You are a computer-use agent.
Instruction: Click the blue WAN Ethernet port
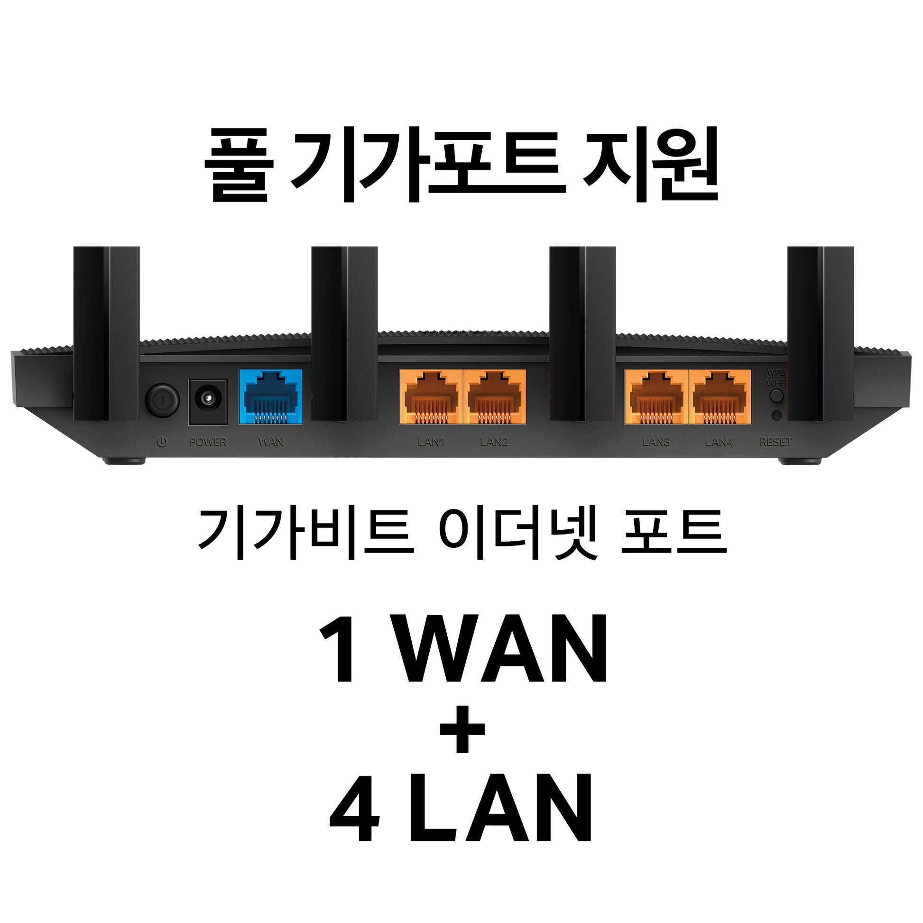tap(270, 396)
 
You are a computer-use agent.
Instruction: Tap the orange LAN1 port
tap(431, 396)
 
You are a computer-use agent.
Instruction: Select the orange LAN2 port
tap(494, 396)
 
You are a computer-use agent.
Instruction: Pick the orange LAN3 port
tap(656, 396)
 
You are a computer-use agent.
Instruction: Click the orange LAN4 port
tap(720, 396)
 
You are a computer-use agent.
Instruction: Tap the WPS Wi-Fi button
tap(777, 395)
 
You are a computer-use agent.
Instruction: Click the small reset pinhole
tap(777, 415)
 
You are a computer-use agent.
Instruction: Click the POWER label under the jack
tap(208, 442)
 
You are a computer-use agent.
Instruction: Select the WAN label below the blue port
tap(270, 442)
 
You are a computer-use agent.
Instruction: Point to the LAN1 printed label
tap(431, 442)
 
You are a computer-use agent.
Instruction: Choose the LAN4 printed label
tap(719, 442)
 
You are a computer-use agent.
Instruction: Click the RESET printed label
tap(776, 442)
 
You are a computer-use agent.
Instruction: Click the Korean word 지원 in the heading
tap(651, 165)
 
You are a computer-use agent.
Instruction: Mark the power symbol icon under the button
tap(162, 442)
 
